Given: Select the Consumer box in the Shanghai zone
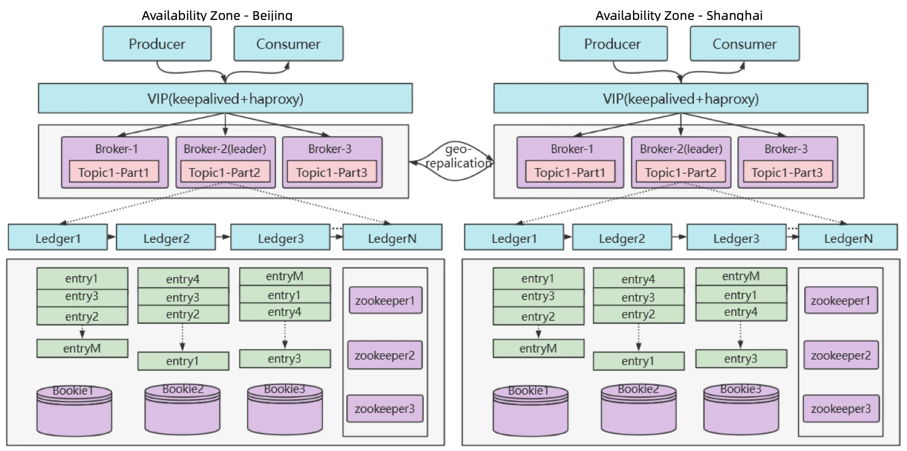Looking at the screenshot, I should tap(744, 44).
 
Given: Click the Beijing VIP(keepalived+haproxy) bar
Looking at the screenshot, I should tap(225, 98).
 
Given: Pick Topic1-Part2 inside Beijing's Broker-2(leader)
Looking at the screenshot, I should tap(224, 173).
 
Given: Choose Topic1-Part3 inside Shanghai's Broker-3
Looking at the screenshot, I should tap(787, 173).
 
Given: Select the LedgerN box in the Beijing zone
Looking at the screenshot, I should tap(392, 238).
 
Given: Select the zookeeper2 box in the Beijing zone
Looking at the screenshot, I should tap(384, 356).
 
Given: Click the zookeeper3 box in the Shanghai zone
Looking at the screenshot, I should tap(840, 409).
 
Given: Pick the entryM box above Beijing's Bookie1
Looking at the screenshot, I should tap(82, 348).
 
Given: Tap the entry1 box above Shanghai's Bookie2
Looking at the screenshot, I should tap(639, 361).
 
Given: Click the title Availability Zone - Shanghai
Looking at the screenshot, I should tap(678, 15).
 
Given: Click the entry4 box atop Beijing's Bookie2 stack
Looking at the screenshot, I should tap(183, 279).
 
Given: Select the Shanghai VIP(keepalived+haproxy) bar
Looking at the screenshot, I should tap(680, 98).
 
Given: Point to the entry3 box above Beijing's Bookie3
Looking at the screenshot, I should tap(285, 359).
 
